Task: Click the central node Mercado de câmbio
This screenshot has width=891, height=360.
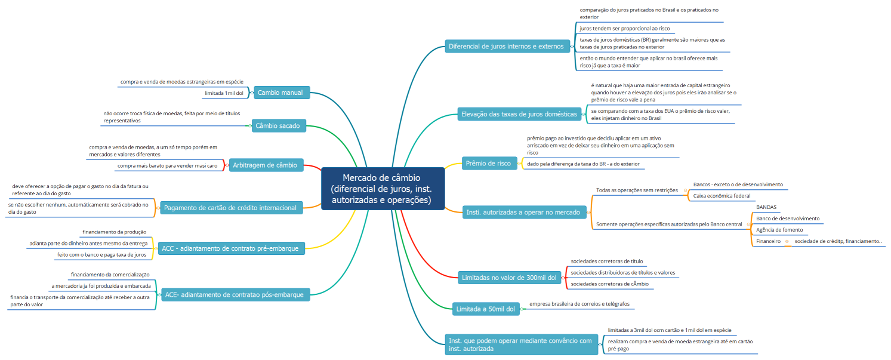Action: click(x=382, y=189)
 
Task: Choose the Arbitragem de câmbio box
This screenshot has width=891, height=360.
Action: click(x=267, y=165)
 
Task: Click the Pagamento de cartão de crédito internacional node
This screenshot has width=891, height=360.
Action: click(x=231, y=208)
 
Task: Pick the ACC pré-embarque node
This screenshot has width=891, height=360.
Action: click(x=230, y=247)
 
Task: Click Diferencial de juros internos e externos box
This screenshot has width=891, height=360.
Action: click(x=505, y=46)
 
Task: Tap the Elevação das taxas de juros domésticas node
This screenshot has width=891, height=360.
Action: click(x=519, y=113)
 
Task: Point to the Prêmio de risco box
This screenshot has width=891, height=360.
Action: click(x=489, y=164)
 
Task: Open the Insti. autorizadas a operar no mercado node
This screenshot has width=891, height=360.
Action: click(x=523, y=212)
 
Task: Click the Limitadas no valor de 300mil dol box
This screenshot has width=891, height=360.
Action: click(x=509, y=278)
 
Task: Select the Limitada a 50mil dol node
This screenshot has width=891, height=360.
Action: click(x=485, y=309)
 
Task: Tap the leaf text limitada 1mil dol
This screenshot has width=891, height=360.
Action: click(x=224, y=93)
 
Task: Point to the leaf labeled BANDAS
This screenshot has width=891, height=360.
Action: click(x=766, y=207)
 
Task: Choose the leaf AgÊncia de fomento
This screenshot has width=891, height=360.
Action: click(x=779, y=230)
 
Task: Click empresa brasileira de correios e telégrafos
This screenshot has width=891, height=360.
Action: click(x=578, y=304)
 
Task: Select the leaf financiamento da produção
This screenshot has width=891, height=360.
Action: click(x=114, y=232)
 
